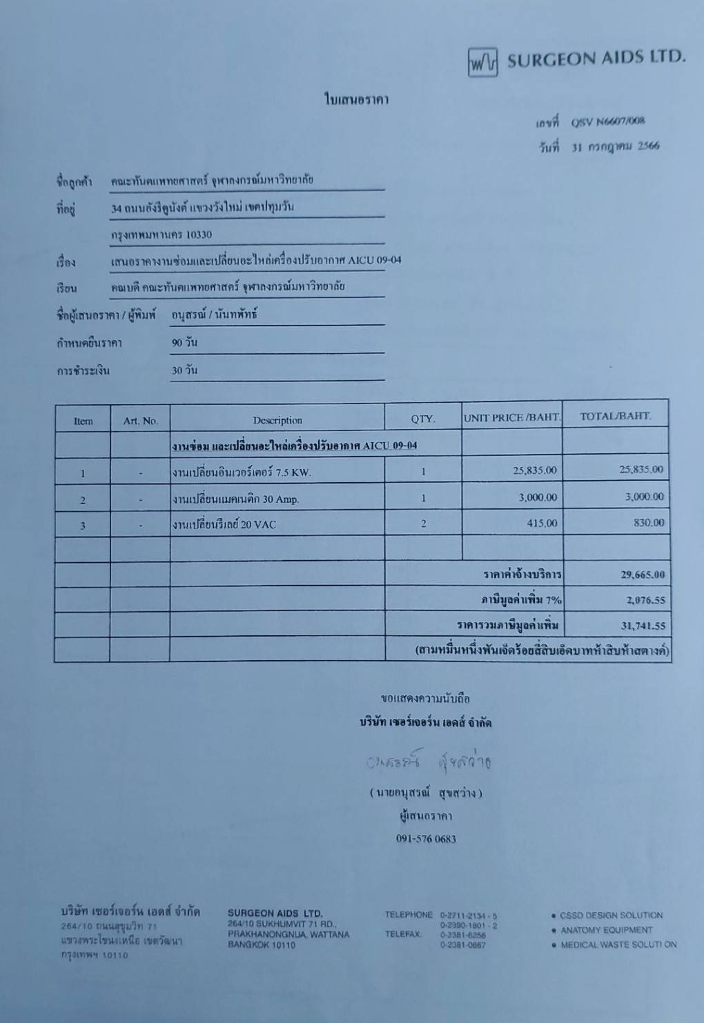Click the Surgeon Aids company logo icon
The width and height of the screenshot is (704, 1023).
coord(482,62)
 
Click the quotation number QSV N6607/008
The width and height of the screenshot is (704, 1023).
coord(607,121)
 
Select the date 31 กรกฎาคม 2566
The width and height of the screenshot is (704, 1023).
coord(615,146)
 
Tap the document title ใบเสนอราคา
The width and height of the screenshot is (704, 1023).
coord(357,99)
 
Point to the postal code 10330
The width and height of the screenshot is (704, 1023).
coord(199,235)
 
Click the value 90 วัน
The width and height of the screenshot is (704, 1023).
coord(184,342)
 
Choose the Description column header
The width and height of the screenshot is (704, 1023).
coord(277,420)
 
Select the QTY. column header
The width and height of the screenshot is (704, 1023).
coord(423,419)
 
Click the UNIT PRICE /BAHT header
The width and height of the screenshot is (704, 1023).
coord(512,417)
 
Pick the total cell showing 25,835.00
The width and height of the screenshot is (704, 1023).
coord(641,470)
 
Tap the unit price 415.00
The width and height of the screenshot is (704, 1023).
coord(542,523)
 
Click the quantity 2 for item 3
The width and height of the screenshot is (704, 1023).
coord(423,524)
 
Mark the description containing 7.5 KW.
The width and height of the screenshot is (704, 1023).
coord(242,473)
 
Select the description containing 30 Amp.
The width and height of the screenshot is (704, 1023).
coord(235,499)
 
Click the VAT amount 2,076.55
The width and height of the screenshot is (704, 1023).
coord(645,600)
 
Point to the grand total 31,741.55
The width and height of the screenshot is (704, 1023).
coord(643,626)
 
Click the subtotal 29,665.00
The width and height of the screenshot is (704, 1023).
coord(643,575)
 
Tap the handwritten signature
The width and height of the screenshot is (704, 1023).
coord(429,762)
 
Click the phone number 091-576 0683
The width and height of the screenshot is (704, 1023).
coord(426,839)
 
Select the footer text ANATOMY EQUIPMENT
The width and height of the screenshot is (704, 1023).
coord(606,930)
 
